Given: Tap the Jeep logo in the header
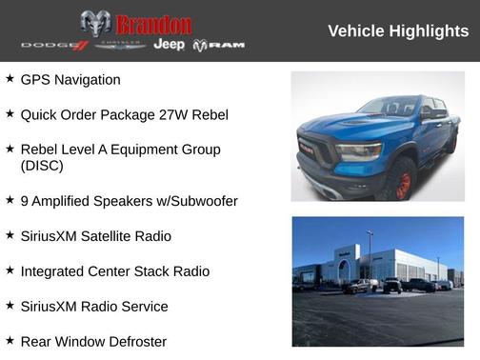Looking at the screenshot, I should [x=169, y=45].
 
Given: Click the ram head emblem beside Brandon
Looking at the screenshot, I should [x=95, y=23].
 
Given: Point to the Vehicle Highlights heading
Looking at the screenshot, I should [x=398, y=30].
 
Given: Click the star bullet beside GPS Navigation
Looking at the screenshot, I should [x=10, y=79].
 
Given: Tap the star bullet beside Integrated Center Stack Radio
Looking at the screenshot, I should [x=10, y=270].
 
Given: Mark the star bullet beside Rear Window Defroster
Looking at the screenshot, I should [x=10, y=340].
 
